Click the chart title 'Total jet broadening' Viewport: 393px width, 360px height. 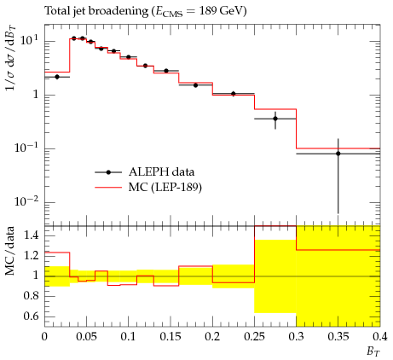point(96,11)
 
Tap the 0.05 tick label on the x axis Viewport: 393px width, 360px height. point(86,337)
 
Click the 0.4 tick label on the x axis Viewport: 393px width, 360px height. point(380,337)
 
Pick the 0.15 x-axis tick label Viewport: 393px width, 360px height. point(170,337)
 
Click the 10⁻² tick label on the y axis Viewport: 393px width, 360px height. point(26,201)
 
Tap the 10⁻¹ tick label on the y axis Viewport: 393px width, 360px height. point(26,148)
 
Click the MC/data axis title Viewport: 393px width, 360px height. point(10,251)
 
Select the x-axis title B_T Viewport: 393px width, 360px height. point(373,351)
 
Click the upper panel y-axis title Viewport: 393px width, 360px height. point(11,58)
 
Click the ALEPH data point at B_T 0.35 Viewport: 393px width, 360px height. point(338,154)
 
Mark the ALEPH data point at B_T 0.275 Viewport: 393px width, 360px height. point(275,119)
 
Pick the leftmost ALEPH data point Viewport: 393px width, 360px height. point(57,77)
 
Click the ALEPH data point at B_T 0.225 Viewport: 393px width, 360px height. point(234,94)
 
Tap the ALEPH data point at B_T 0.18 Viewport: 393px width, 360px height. point(195,85)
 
